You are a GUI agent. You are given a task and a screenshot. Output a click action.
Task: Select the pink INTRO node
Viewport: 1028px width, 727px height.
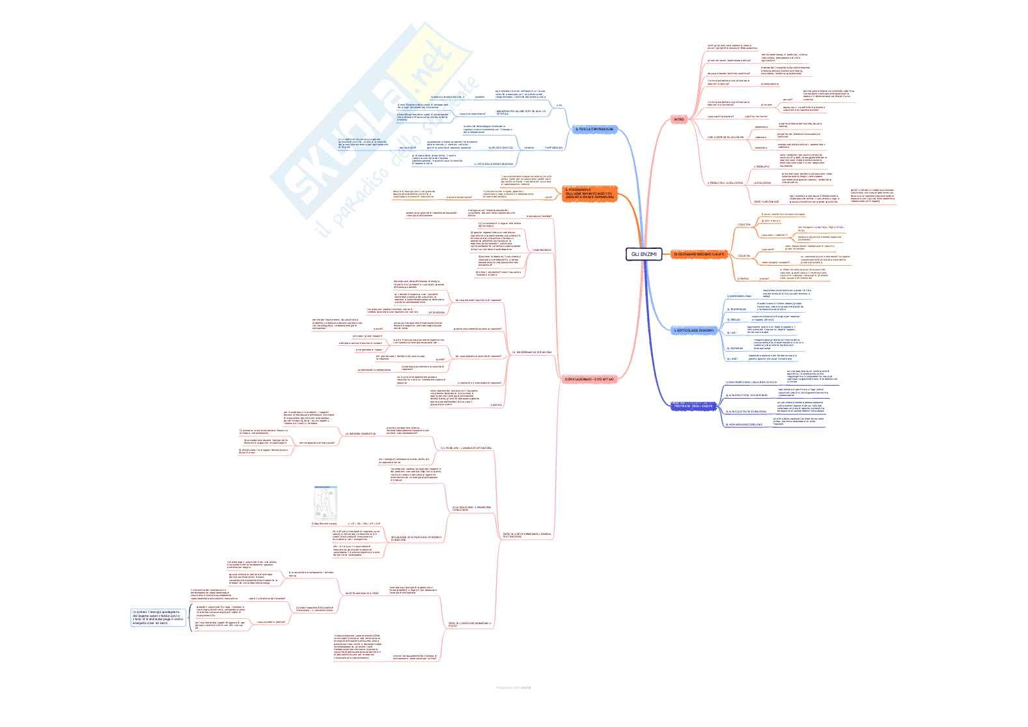679,120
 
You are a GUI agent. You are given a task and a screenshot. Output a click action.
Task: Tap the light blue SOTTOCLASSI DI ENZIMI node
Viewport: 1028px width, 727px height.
694,331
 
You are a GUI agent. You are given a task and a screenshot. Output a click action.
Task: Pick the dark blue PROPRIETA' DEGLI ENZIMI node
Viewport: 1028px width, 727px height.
693,406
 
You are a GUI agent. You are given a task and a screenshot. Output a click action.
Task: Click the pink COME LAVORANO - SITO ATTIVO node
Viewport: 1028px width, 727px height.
589,378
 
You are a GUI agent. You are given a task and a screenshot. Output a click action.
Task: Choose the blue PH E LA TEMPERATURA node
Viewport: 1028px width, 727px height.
594,130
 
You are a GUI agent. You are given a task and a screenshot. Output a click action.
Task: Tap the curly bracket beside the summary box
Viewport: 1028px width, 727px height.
189,618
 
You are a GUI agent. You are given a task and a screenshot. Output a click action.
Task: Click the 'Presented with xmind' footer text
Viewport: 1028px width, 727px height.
514,687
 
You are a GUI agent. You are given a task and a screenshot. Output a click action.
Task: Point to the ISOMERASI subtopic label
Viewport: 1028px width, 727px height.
736,348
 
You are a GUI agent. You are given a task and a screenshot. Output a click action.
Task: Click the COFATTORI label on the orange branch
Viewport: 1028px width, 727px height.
743,225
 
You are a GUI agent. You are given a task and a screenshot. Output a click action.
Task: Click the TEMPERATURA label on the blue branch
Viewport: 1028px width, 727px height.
553,148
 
